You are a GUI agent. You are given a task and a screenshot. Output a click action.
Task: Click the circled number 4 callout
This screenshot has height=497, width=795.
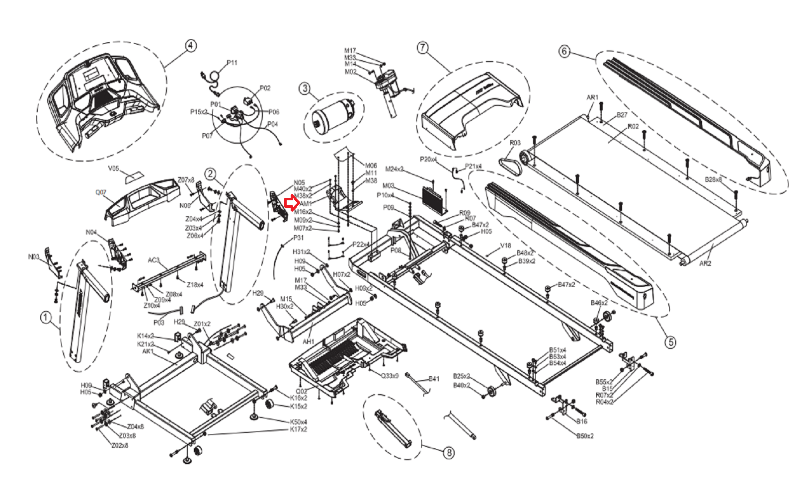(x=190, y=46)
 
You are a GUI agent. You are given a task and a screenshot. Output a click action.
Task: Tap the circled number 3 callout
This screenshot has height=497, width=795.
(x=305, y=89)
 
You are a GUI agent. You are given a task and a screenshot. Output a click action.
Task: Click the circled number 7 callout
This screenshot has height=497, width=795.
(x=422, y=48)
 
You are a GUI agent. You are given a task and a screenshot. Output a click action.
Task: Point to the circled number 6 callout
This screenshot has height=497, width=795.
(x=564, y=51)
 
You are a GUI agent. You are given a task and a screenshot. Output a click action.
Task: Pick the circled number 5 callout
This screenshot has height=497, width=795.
(x=671, y=342)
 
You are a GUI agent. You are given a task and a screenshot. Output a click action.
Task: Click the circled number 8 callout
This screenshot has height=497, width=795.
(x=449, y=453)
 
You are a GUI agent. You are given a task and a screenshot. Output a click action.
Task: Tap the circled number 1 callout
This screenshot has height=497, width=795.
(x=46, y=317)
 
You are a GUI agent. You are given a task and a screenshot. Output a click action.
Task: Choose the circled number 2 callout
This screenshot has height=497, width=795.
(x=211, y=173)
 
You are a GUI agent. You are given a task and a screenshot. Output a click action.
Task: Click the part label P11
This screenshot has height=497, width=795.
(x=232, y=63)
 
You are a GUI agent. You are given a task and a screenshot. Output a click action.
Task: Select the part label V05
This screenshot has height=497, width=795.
(x=114, y=169)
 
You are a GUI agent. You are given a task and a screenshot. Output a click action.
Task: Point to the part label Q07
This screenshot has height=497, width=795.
(x=101, y=192)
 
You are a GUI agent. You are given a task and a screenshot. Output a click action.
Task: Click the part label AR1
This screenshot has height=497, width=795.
(x=592, y=97)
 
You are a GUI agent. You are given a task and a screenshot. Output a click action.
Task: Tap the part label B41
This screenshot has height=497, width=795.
(x=434, y=379)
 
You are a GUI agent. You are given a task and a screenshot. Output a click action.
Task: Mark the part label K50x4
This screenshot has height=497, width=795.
(x=298, y=422)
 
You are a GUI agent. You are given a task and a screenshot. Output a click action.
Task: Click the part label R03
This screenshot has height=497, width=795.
(x=515, y=143)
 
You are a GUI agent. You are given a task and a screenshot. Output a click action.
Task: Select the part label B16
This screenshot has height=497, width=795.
(x=582, y=421)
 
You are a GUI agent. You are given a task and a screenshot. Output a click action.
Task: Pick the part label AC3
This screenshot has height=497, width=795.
(x=154, y=260)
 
